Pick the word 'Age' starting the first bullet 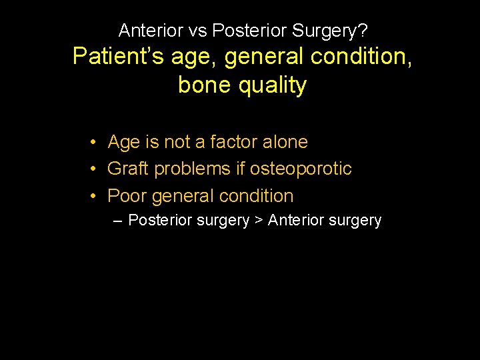tap(123, 142)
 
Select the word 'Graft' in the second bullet tap(128, 169)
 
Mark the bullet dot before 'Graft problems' tap(96, 169)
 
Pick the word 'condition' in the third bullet tap(256, 196)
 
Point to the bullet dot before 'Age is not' tap(96, 141)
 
